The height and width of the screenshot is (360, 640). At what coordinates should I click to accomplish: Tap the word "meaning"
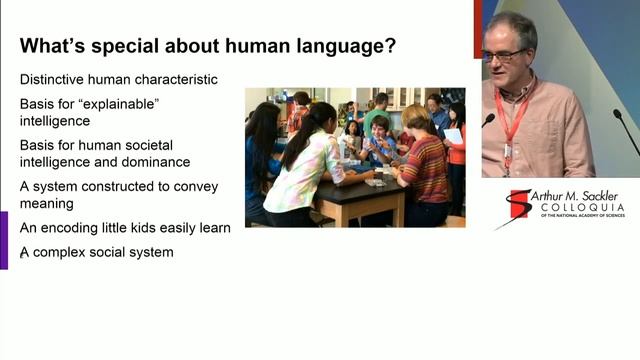(x=47, y=203)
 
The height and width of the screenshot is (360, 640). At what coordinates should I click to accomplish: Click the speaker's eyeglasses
(x=502, y=54)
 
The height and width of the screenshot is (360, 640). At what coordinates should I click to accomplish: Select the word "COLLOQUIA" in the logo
(x=581, y=211)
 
